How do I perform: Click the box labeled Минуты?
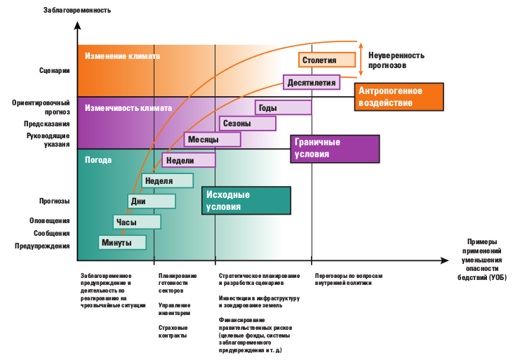124,242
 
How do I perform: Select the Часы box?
137,222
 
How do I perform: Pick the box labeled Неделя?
168,180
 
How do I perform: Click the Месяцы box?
213,139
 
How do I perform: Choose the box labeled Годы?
283,107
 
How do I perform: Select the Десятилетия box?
311,83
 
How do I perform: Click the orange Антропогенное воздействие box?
399,97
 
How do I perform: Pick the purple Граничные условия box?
334,148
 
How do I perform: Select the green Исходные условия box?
246,201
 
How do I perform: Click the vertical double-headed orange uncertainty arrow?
361,58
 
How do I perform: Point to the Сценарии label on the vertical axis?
55,70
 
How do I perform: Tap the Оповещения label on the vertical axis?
51,221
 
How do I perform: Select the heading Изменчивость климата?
128,109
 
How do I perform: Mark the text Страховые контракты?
173,331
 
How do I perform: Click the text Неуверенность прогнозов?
397,60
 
